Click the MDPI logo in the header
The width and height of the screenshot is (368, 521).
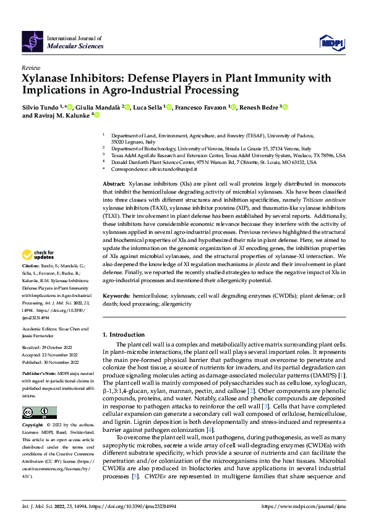click(332, 41)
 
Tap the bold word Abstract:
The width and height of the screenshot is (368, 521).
click(114, 185)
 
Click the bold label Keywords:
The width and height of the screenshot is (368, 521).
click(116, 297)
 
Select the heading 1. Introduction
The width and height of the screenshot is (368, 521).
click(124, 334)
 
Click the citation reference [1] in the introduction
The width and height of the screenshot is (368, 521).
click(342, 376)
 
